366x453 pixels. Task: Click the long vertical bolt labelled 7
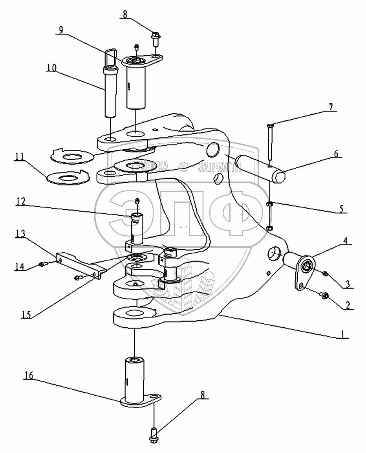coord(271,145)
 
